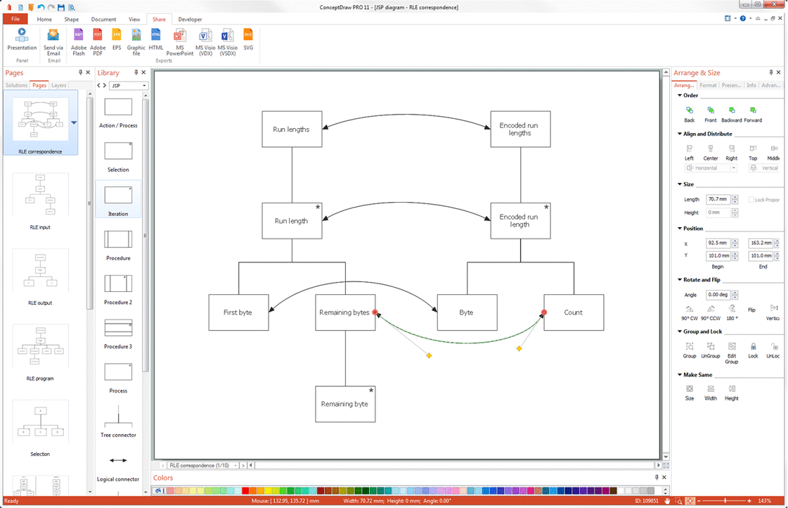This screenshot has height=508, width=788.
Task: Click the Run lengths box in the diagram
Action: pyautogui.click(x=291, y=129)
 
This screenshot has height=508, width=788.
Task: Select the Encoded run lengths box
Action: pyautogui.click(x=519, y=129)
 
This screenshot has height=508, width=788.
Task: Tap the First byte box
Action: pyautogui.click(x=238, y=312)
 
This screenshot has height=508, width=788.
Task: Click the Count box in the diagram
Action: pyautogui.click(x=573, y=312)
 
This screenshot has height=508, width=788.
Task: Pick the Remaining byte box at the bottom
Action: pyautogui.click(x=344, y=404)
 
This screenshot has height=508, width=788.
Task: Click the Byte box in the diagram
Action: pyautogui.click(x=466, y=312)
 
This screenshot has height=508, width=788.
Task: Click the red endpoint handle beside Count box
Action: pyautogui.click(x=544, y=312)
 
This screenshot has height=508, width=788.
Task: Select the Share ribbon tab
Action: pyautogui.click(x=159, y=19)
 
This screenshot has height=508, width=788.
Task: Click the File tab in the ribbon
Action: pyautogui.click(x=15, y=19)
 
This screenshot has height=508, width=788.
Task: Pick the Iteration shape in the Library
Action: pyautogui.click(x=118, y=199)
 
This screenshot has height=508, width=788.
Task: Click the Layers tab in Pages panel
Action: pyautogui.click(x=59, y=85)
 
